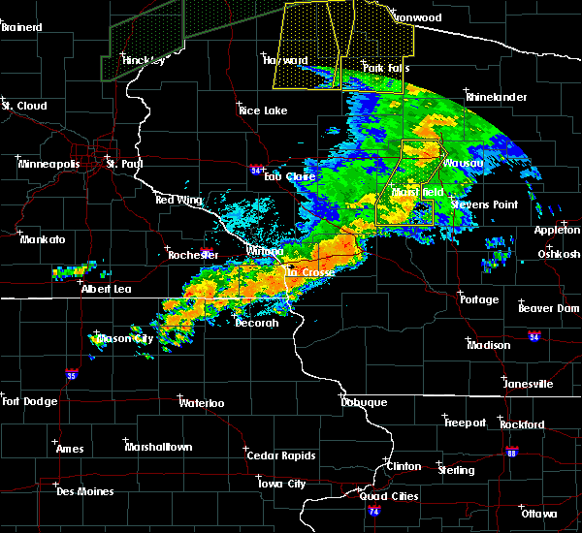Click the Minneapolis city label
(50, 164)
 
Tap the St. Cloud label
(24, 105)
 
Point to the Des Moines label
(84, 491)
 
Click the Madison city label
(488, 345)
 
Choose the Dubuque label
(364, 402)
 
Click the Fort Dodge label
(26, 401)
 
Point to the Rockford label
(522, 424)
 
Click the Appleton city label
(558, 230)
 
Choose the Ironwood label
(416, 17)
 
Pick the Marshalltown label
(158, 447)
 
